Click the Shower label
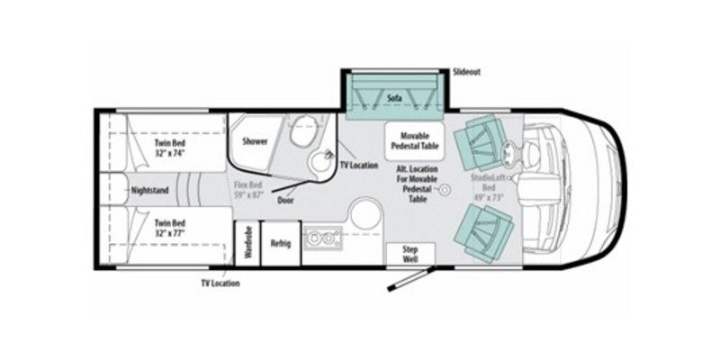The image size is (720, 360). coord(256,141)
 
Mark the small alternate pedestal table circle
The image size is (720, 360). coord(443,190)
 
